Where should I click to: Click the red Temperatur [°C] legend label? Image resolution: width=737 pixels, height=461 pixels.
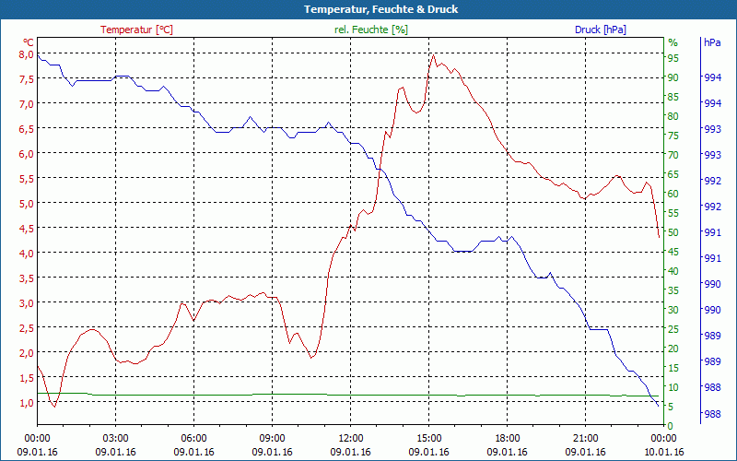click(x=136, y=30)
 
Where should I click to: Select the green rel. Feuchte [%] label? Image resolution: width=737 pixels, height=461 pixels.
click(x=370, y=30)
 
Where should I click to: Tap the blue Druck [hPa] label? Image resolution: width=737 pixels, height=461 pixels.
click(x=600, y=30)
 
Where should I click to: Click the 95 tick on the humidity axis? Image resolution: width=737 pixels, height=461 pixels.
click(x=673, y=58)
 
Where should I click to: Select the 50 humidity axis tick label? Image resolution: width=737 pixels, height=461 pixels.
click(x=673, y=232)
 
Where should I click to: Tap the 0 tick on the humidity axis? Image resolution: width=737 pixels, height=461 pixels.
click(x=671, y=426)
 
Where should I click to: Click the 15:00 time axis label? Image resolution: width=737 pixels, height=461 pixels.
click(x=428, y=438)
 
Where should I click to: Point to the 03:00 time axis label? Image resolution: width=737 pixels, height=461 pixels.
click(x=115, y=438)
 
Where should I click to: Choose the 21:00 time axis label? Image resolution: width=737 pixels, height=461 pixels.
click(x=585, y=438)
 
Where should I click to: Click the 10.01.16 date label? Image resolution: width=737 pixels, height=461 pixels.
click(x=664, y=452)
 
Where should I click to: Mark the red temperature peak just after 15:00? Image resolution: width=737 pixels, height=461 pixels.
click(x=433, y=53)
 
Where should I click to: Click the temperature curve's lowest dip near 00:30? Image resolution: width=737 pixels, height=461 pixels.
click(x=54, y=406)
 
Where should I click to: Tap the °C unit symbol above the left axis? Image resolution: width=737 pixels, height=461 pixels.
click(x=29, y=42)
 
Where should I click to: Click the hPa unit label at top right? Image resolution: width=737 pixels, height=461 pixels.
click(x=712, y=42)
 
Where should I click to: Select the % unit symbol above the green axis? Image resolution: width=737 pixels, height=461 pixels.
click(x=673, y=42)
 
